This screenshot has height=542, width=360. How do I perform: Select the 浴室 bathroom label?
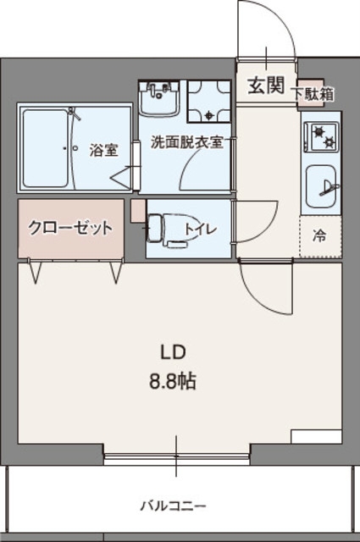click(x=103, y=150)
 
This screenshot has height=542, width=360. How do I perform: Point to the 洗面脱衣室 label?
click(x=187, y=142)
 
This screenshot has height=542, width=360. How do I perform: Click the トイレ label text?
click(x=200, y=227)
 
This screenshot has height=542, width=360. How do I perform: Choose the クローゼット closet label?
click(x=70, y=227)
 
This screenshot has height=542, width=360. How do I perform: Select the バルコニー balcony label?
click(x=173, y=506)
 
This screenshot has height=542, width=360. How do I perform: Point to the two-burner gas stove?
click(x=321, y=135)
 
